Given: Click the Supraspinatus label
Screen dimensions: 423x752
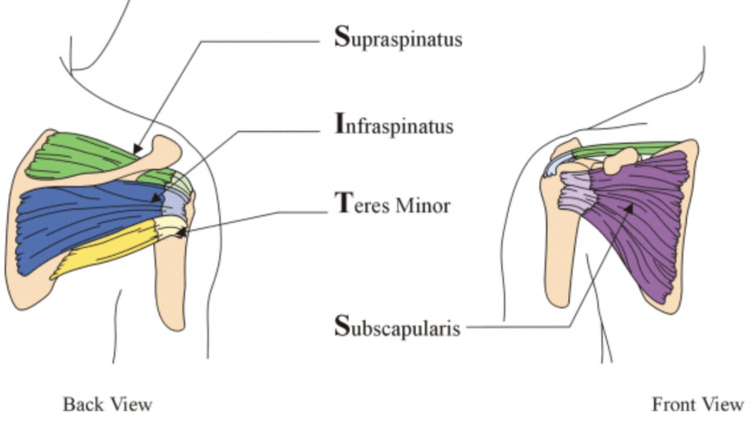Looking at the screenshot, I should point(398,39).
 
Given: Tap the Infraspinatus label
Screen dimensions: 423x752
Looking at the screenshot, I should point(394,125).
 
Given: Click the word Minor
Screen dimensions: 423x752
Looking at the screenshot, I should point(422,206).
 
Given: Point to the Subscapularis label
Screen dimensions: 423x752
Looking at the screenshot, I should point(397,327).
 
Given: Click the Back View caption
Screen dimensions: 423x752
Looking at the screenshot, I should point(108,404).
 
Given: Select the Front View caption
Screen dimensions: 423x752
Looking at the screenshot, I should point(697,404).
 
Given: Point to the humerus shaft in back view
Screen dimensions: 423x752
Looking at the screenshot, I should point(170,282).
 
